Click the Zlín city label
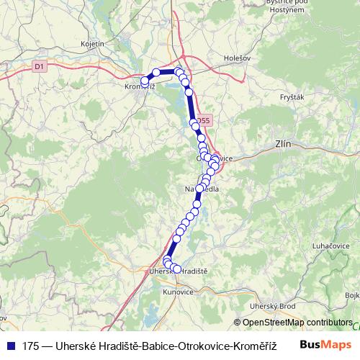point(283,144)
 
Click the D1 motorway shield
point(39,66)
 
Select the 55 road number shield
point(205,120)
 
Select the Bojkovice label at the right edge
point(352,295)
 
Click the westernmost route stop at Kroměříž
point(145,81)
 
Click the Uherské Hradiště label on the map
point(177,271)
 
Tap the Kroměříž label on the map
point(139,87)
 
